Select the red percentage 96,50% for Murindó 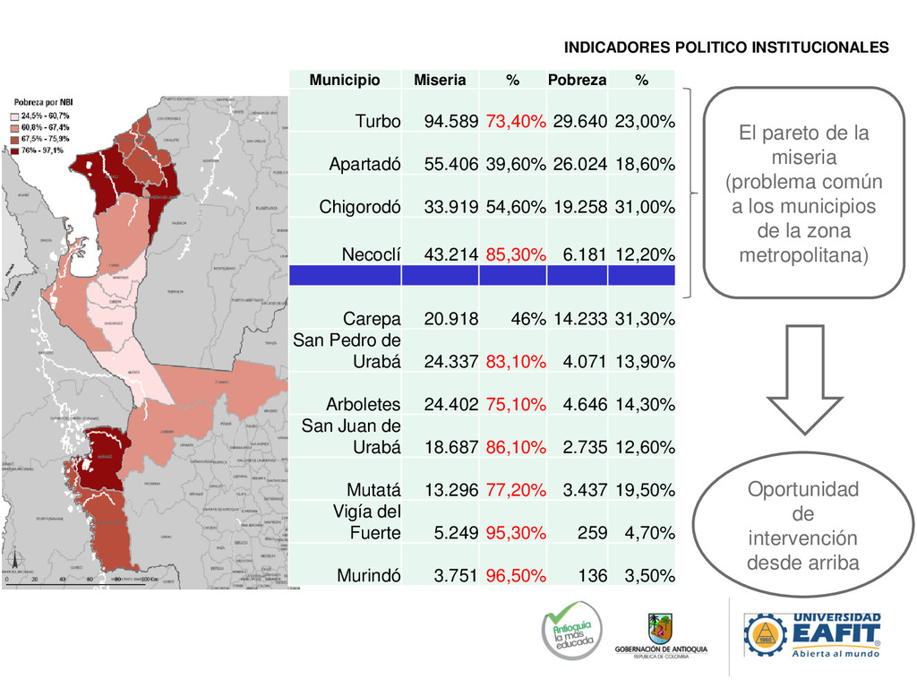tap(516, 575)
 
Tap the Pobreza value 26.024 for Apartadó tap(579, 165)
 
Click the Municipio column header tap(345, 80)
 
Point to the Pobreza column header tap(577, 80)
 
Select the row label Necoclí tap(371, 255)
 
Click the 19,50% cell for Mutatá tap(644, 490)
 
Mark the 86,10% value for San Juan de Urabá tap(516, 447)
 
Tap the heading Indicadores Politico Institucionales tap(726, 47)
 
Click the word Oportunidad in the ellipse tap(803, 490)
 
